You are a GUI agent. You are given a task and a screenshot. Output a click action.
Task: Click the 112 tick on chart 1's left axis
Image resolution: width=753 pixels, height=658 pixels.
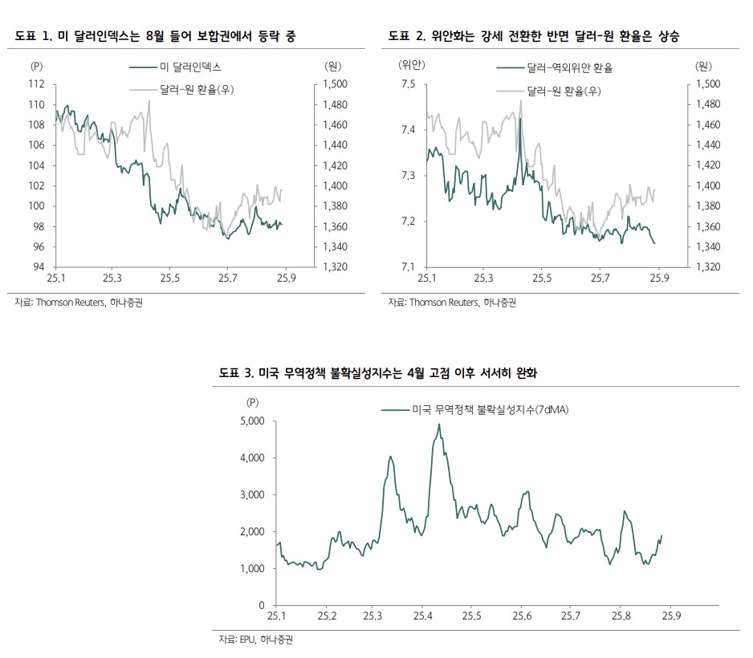click(x=37, y=84)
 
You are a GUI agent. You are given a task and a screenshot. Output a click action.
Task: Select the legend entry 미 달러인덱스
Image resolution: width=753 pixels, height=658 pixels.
click(x=191, y=67)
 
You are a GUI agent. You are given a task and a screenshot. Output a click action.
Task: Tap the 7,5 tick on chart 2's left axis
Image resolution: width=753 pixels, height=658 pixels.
click(x=408, y=84)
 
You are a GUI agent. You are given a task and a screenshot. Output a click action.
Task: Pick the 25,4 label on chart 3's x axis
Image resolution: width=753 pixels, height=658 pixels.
click(x=423, y=616)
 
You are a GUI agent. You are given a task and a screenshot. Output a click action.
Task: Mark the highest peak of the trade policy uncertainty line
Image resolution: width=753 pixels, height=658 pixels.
click(x=439, y=424)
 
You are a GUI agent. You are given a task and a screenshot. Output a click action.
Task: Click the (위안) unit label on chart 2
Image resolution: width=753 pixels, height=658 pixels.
click(x=412, y=63)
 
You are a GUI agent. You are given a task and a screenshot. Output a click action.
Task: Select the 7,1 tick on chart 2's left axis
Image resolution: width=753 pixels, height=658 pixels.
click(x=408, y=267)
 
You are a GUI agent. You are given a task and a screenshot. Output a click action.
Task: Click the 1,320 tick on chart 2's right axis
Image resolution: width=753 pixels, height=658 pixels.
click(x=710, y=267)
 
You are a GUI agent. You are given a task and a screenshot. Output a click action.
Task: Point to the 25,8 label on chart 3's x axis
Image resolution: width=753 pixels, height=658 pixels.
click(x=620, y=616)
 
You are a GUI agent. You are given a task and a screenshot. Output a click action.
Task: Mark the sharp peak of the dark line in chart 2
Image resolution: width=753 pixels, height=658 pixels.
click(x=520, y=119)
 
